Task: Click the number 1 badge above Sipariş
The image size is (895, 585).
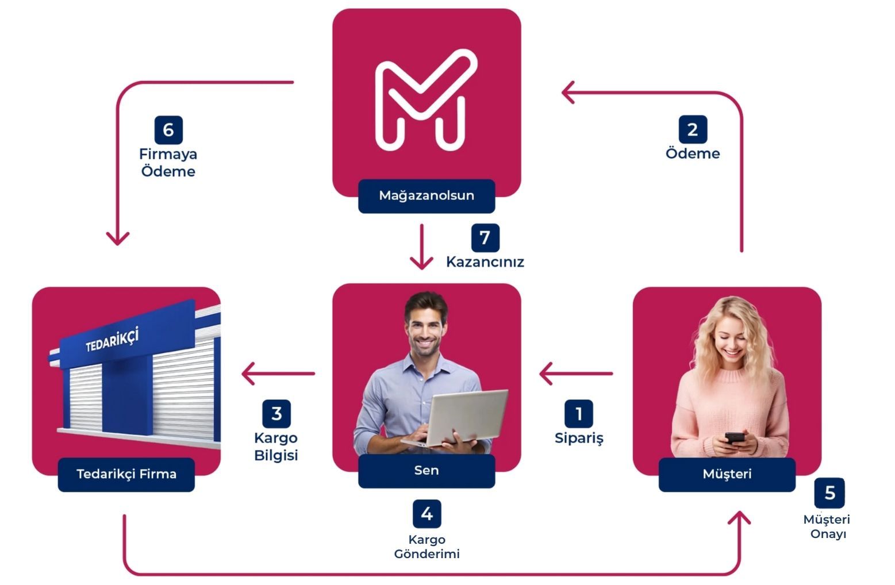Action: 578,414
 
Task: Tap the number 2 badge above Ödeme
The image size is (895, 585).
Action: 693,129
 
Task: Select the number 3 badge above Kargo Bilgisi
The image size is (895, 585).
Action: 276,414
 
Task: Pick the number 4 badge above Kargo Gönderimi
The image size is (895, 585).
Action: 427,514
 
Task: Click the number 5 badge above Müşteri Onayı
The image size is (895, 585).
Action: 829,492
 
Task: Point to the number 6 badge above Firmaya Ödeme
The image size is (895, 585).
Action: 168,130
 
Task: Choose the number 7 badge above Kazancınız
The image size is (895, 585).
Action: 485,237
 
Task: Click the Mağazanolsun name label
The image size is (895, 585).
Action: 427,195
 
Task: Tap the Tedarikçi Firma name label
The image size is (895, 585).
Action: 126,474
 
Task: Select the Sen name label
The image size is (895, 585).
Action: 427,471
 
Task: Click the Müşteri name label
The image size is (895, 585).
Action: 727,474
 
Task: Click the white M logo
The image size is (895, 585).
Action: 426,101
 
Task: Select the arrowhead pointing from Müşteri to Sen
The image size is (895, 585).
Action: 546,374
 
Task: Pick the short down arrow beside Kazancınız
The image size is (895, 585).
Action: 421,247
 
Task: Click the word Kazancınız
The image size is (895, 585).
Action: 485,262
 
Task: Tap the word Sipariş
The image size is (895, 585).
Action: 579,438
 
